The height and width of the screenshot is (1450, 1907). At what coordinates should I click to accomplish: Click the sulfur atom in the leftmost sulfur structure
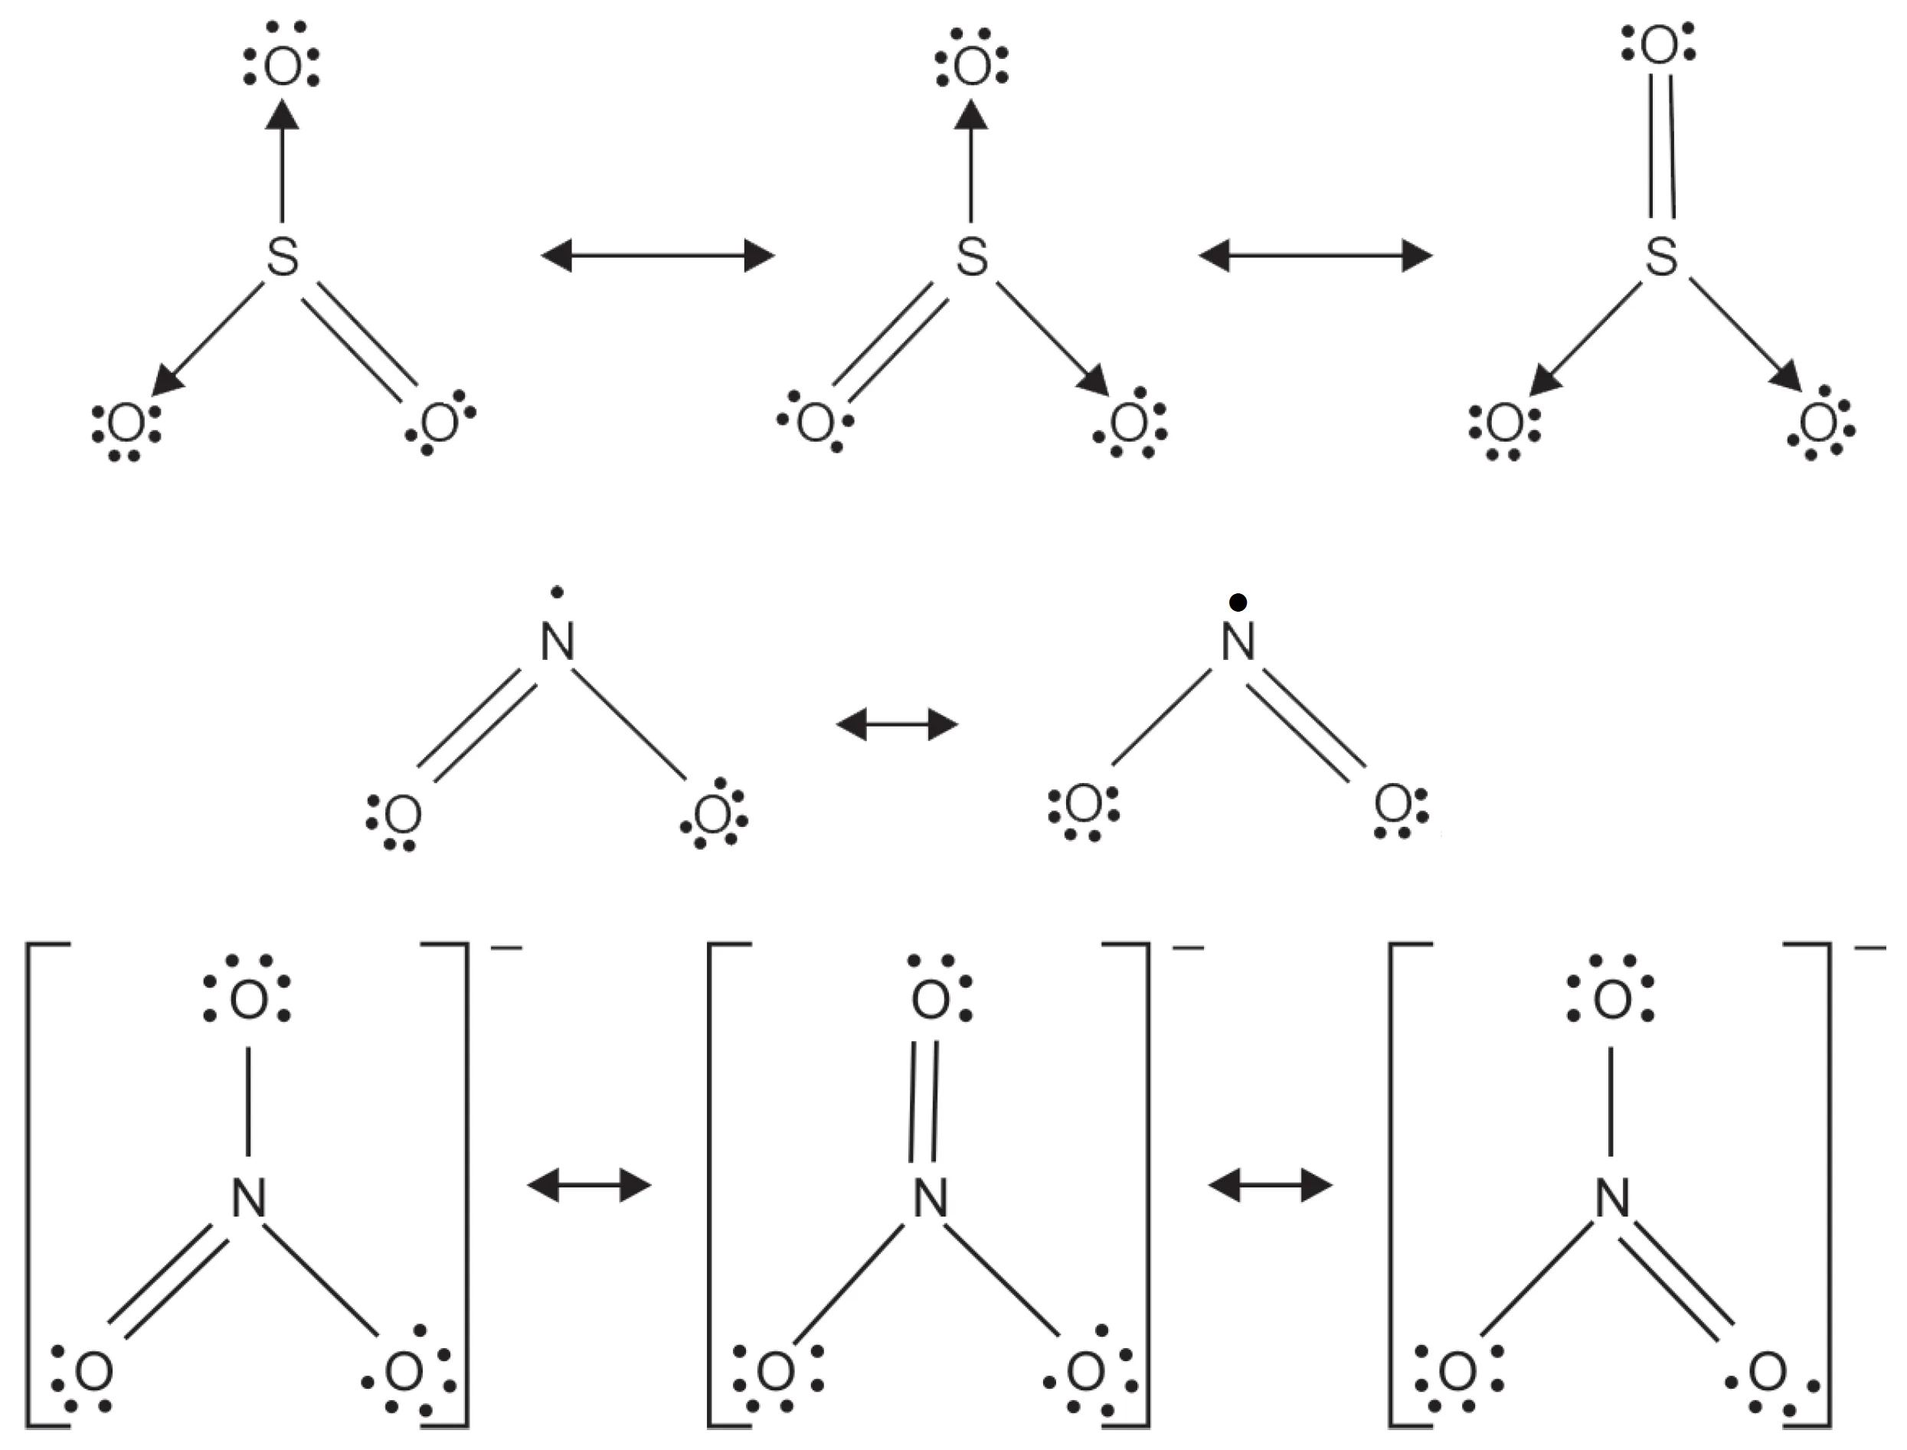[x=283, y=256]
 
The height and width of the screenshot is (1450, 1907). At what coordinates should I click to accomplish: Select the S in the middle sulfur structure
[x=972, y=256]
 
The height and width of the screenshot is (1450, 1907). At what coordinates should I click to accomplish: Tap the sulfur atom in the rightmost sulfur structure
[x=1661, y=256]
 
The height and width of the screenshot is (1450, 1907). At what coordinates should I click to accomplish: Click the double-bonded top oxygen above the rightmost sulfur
[x=1658, y=47]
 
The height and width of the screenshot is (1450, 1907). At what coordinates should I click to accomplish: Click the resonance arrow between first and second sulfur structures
[x=658, y=256]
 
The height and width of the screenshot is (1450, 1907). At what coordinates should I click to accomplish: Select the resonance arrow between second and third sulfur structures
[x=1316, y=256]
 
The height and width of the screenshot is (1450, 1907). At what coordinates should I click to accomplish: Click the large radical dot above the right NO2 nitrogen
[x=1237, y=603]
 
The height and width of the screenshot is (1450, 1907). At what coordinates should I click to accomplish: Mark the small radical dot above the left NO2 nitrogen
[x=557, y=592]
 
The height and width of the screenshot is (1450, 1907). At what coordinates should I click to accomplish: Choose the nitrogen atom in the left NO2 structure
[x=558, y=642]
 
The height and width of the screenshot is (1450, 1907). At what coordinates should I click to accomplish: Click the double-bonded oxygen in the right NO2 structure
[x=1392, y=805]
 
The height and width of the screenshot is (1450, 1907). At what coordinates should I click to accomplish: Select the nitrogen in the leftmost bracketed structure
[x=249, y=1199]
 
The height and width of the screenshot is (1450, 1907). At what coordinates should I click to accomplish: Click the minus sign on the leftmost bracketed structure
[x=506, y=949]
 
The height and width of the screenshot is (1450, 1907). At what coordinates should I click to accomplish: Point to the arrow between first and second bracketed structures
[x=589, y=1186]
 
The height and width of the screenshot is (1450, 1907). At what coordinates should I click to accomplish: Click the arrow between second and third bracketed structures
[x=1270, y=1186]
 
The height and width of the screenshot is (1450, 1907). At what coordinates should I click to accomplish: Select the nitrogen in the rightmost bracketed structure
[x=1611, y=1199]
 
